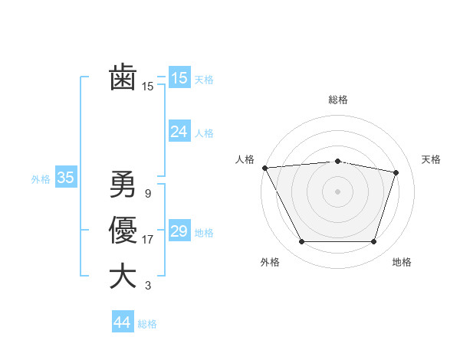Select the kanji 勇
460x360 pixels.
123,184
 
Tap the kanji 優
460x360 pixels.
123,231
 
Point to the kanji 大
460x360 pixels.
123,277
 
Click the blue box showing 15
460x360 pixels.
179,77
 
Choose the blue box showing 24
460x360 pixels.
179,132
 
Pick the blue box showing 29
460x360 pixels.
179,231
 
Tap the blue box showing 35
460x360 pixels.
65,178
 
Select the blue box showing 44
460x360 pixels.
122,322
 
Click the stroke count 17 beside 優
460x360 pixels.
148,240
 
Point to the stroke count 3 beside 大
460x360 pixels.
148,286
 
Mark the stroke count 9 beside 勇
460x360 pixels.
148,193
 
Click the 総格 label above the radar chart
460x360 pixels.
337,100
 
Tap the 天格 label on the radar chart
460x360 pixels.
431,159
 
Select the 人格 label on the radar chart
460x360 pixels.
245,159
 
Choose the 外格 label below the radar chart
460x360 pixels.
270,262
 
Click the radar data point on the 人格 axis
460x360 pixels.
264,168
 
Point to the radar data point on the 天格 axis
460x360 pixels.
396,172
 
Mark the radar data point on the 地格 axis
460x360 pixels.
373,242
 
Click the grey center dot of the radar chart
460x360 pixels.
337,191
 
